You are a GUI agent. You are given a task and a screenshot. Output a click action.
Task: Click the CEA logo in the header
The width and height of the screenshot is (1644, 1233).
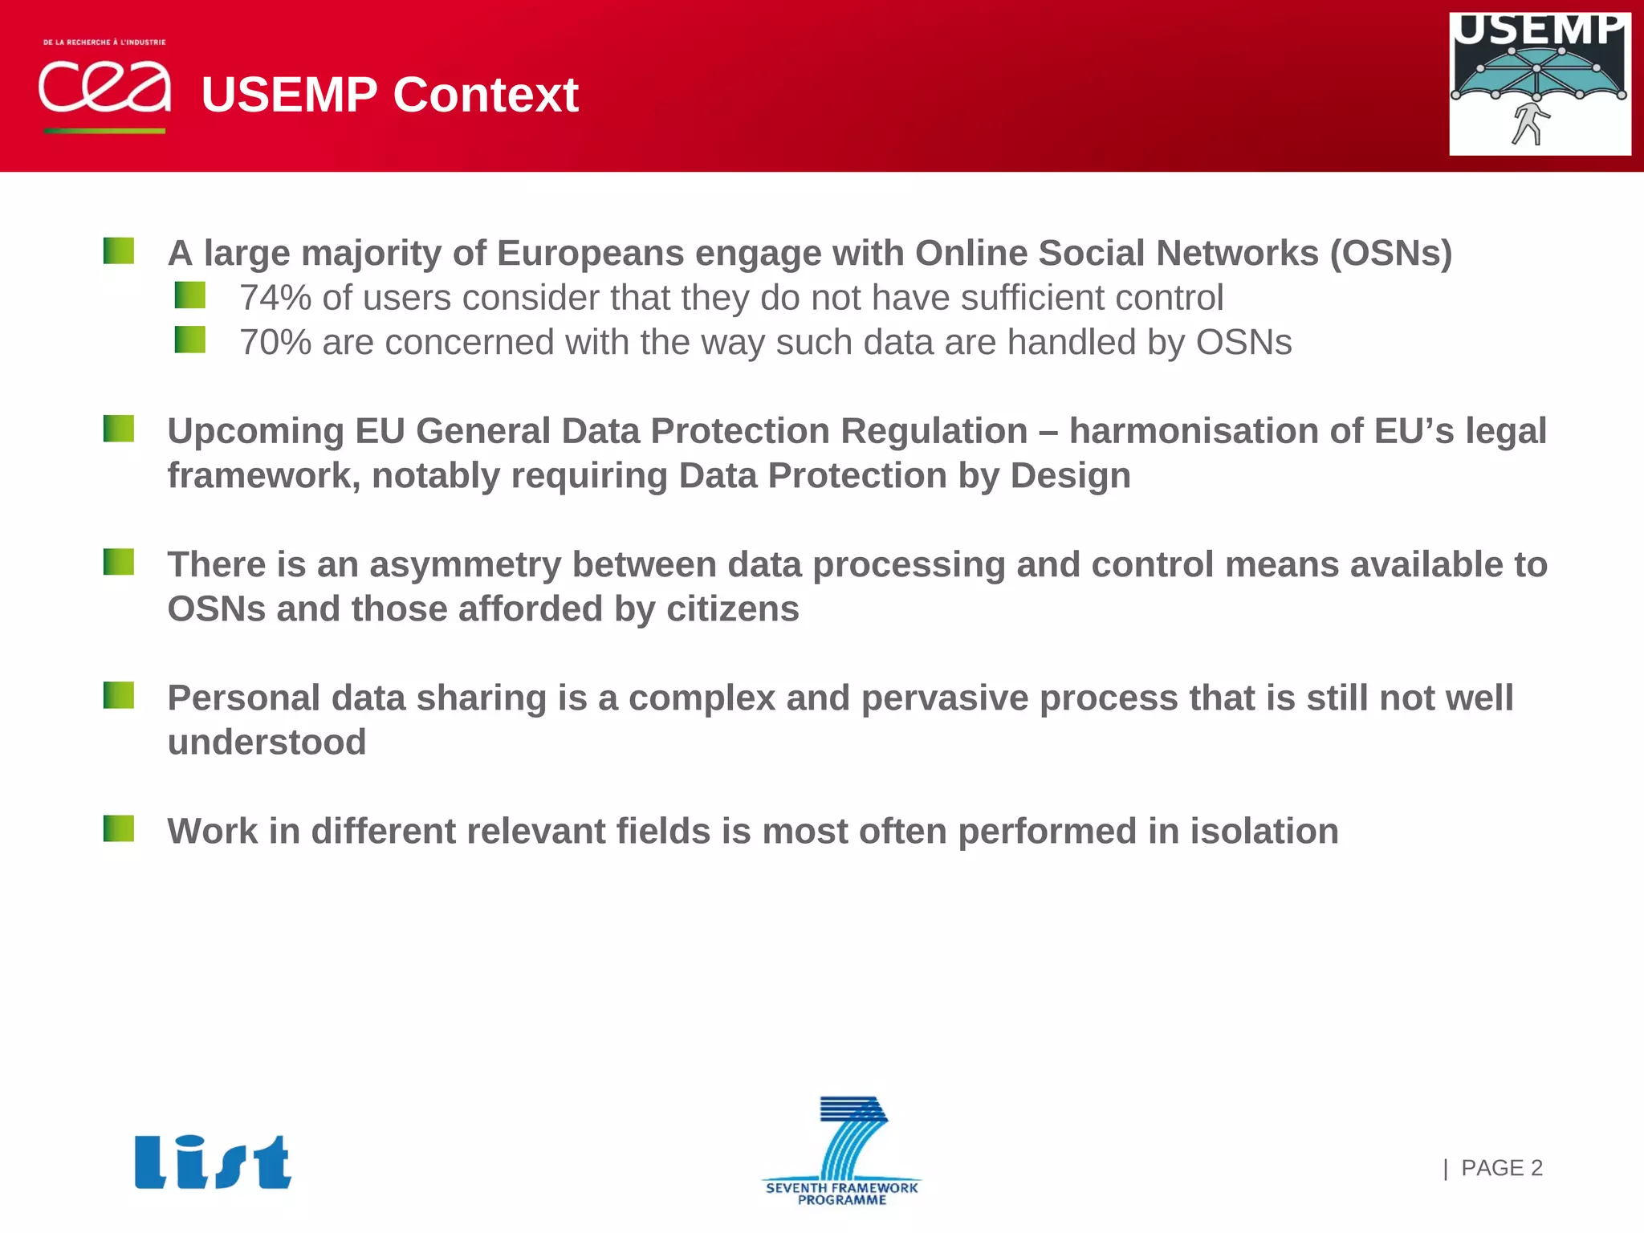tap(104, 87)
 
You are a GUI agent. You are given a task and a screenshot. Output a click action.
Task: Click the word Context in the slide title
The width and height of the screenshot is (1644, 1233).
tap(486, 95)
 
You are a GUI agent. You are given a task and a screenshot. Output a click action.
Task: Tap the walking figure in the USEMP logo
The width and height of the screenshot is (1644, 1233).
tap(1531, 124)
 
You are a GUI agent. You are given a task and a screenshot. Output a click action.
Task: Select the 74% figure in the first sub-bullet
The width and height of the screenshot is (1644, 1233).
tap(275, 298)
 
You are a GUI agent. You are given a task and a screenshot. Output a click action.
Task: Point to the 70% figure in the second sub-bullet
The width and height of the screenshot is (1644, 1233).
tap(275, 343)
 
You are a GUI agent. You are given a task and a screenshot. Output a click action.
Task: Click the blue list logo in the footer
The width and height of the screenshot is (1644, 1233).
tap(213, 1162)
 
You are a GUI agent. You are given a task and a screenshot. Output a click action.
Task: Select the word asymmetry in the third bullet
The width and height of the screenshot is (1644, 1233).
tap(465, 565)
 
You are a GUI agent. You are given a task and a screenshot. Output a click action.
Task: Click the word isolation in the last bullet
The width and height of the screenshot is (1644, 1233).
tap(1264, 832)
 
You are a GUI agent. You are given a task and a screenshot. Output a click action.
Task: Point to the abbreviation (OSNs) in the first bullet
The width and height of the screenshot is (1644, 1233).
tap(1390, 254)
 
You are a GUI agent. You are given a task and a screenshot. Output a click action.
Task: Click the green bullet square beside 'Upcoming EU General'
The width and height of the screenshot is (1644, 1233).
tap(119, 429)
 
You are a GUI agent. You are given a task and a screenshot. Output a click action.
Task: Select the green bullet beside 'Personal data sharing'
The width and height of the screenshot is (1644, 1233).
tap(119, 695)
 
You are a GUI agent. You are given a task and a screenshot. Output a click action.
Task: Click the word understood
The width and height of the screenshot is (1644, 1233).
tap(267, 743)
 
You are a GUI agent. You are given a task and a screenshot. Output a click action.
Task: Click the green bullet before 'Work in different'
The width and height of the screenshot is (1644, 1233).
tap(119, 828)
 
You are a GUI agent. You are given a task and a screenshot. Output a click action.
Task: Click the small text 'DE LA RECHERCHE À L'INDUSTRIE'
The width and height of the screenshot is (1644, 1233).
tap(104, 42)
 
